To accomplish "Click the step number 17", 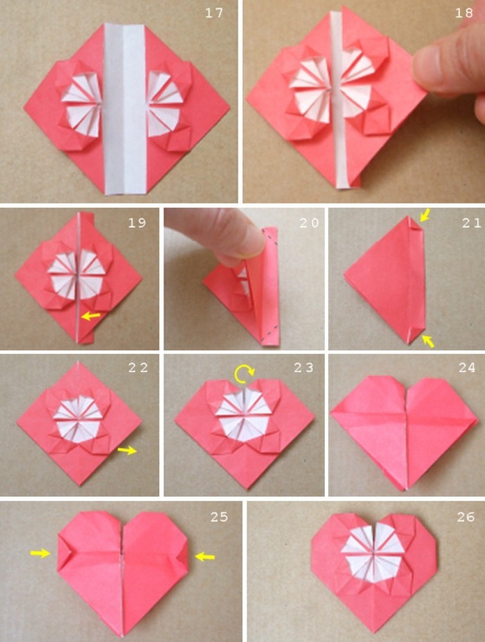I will click(215, 14).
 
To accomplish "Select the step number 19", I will click(137, 223).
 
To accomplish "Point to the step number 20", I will click(300, 223).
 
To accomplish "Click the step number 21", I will click(464, 223).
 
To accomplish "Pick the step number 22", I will click(137, 368).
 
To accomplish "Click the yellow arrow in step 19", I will click(89, 316).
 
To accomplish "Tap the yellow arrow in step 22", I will click(127, 451).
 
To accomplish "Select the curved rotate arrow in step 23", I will click(244, 375).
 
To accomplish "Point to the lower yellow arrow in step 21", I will click(429, 340).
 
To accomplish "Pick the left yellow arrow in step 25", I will click(40, 553).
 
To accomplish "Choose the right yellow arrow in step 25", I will click(204, 555).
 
